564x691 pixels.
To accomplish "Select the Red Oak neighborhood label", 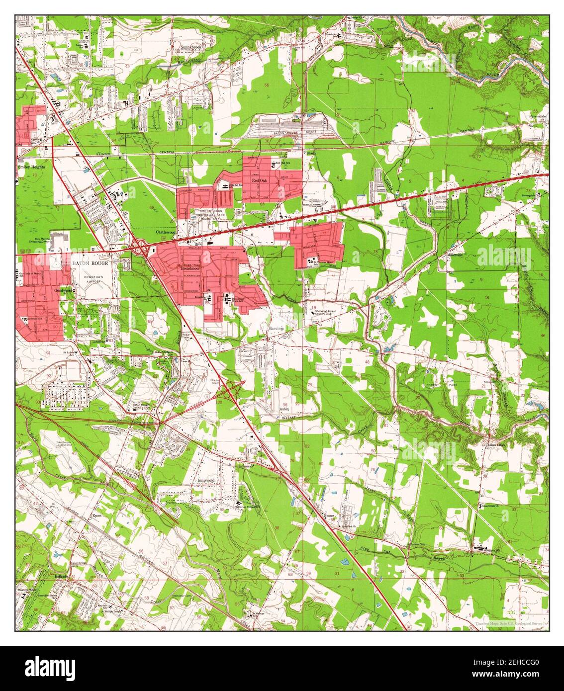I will [x=259, y=181].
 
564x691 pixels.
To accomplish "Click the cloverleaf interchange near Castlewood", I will [x=139, y=245].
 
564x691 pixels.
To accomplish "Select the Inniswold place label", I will [x=205, y=481].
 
